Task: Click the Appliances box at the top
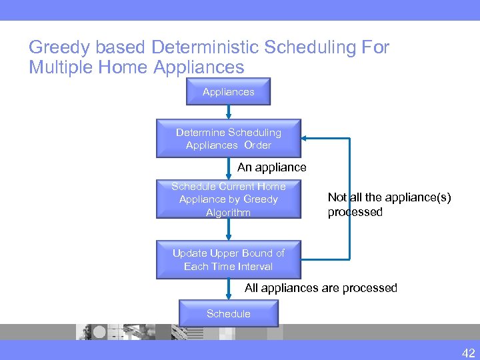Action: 228,92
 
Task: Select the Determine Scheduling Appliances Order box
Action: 228,139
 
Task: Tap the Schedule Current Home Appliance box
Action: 228,199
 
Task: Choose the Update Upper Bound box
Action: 228,260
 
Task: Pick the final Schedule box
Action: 228,314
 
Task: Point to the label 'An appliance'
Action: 272,167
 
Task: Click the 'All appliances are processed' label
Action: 321,288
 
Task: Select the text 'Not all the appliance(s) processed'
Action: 389,205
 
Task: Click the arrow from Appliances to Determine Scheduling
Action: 229,112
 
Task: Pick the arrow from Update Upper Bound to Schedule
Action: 229,289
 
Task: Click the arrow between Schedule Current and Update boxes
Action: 229,229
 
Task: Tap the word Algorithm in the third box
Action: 228,213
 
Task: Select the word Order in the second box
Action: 257,145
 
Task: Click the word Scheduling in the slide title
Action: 313,48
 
